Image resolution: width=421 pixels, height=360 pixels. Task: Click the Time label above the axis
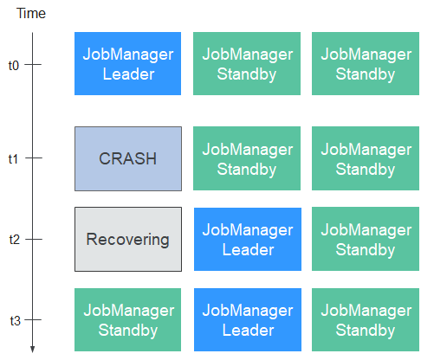[x=31, y=13]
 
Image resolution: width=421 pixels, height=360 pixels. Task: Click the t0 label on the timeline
[x=14, y=66]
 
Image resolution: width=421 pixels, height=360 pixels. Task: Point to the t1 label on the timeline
[x=13, y=159]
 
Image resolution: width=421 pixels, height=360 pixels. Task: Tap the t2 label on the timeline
[x=15, y=240]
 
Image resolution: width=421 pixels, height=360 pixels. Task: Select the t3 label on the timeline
[x=15, y=320]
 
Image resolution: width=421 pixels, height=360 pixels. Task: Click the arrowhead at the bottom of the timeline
[x=32, y=350]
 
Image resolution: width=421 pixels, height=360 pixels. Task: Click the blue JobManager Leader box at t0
[x=127, y=63]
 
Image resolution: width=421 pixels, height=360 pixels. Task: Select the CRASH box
[x=128, y=158]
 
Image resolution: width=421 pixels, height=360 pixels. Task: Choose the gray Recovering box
[x=128, y=239]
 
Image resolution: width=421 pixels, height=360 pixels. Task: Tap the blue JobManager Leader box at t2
[x=248, y=239]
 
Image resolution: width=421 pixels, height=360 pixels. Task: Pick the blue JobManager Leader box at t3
[x=248, y=319]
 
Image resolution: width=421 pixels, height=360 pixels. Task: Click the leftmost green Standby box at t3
[x=127, y=319]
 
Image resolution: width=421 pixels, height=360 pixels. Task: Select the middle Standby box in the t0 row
[x=247, y=63]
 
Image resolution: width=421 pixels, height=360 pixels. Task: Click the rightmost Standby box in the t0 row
[x=366, y=63]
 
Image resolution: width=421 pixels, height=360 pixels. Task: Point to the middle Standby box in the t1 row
[x=247, y=158]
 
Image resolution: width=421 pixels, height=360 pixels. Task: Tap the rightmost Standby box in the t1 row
[x=366, y=158]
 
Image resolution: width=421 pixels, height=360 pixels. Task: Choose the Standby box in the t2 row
[x=366, y=239]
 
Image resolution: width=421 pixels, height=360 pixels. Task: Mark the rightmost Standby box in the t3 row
[x=366, y=319]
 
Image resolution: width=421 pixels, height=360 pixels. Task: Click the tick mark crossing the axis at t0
[x=33, y=64]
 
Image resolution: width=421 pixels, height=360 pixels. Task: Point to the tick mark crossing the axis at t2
[x=33, y=239]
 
